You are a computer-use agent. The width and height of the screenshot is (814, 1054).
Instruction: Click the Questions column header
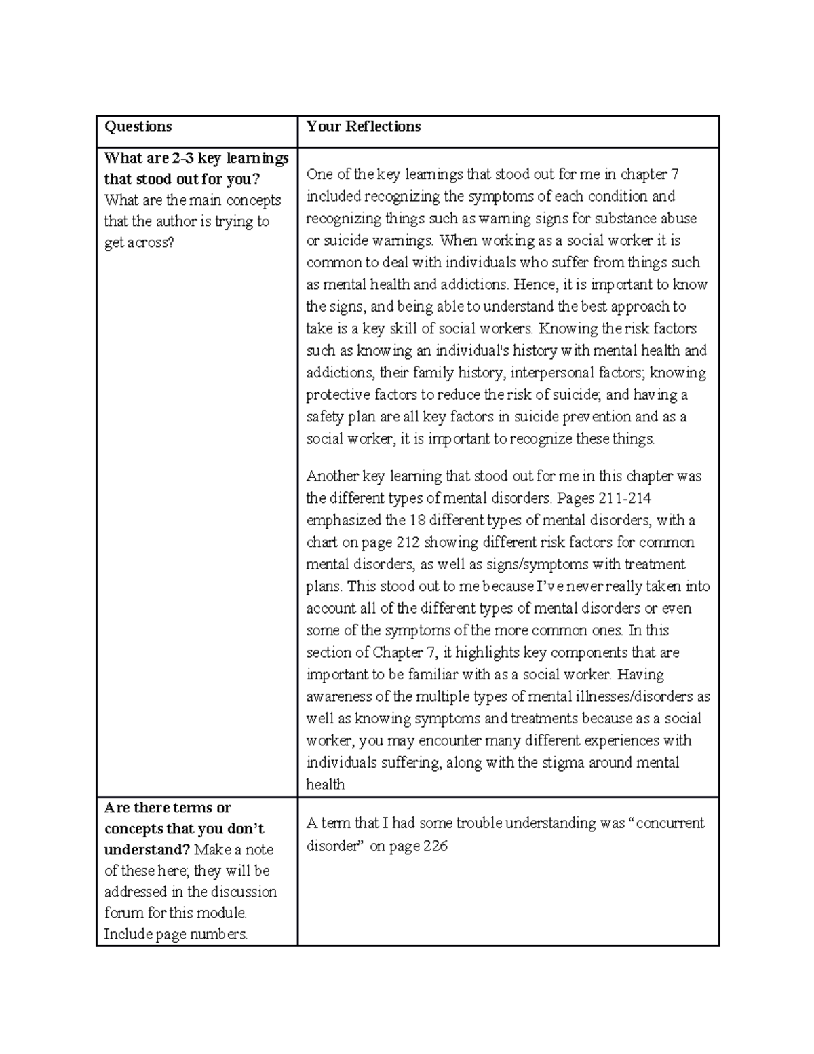[138, 127]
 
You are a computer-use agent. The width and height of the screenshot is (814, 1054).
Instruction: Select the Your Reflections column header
[363, 127]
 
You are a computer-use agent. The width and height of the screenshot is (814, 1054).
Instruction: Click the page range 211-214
[625, 498]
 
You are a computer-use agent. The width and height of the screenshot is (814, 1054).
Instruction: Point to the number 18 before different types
[417, 521]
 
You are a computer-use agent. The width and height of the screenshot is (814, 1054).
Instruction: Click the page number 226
[435, 846]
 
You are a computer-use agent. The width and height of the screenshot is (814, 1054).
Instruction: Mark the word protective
[337, 395]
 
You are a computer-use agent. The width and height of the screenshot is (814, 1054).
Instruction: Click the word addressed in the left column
[135, 892]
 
